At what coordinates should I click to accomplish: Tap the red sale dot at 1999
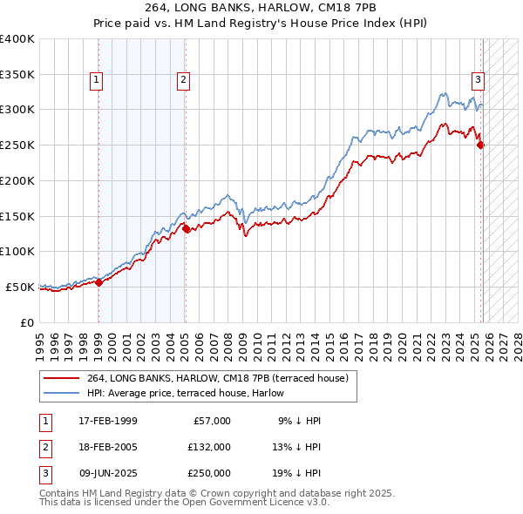(x=98, y=281)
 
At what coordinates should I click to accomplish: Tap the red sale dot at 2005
(x=186, y=229)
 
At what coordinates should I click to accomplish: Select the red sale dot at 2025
(x=480, y=145)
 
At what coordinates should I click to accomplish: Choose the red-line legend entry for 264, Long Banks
(x=218, y=378)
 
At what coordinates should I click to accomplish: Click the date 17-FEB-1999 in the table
(x=107, y=421)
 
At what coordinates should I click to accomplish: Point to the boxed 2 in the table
(x=44, y=446)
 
